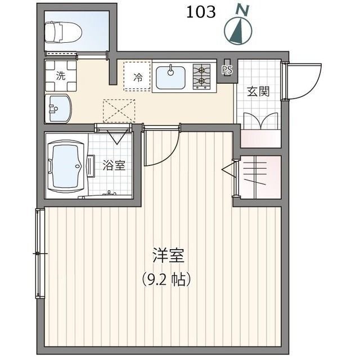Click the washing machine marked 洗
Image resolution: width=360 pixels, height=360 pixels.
[x=60, y=75]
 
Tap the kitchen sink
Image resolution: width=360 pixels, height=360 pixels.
[x=171, y=76]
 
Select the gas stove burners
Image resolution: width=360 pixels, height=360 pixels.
[x=201, y=76]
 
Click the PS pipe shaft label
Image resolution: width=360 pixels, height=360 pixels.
[x=227, y=70]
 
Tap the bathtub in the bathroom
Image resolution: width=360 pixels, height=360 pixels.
[x=67, y=165]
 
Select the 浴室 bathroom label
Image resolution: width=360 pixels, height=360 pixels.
[x=114, y=165]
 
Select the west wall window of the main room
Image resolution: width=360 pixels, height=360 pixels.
[x=39, y=253]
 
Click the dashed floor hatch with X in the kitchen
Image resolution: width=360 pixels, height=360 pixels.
[x=119, y=110]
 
